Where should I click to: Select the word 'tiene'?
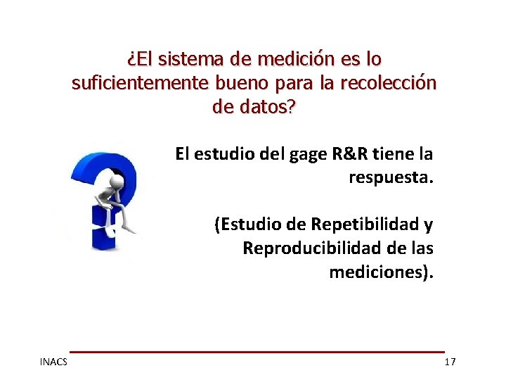[x=398, y=153]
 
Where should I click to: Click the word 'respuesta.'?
[x=391, y=177]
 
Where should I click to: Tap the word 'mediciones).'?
[x=381, y=272]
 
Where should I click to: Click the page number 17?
[x=450, y=362]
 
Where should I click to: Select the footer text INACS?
[x=53, y=362]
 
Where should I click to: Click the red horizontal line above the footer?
[x=257, y=351]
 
